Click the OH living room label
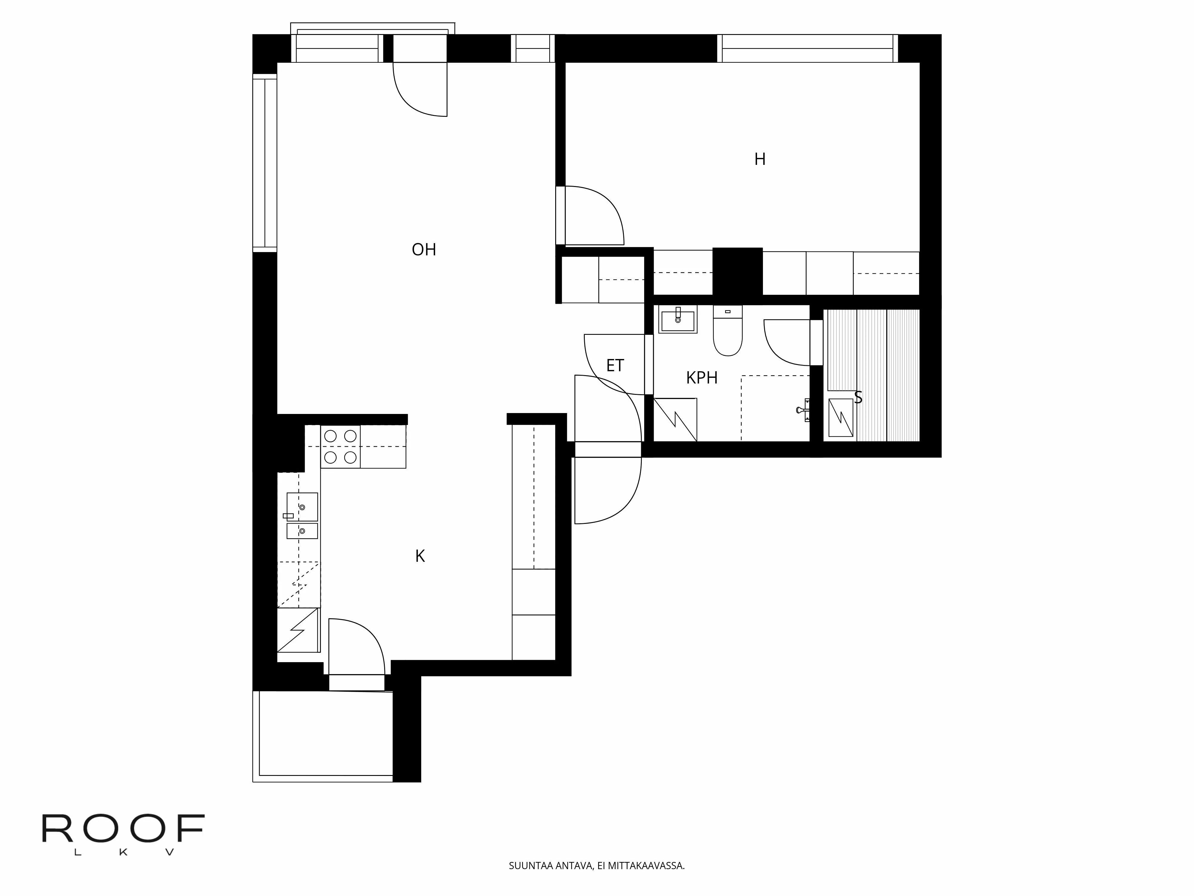pyautogui.click(x=424, y=249)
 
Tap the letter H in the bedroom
pyautogui.click(x=759, y=159)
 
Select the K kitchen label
pyautogui.click(x=420, y=556)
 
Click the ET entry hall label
pyautogui.click(x=615, y=366)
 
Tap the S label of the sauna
pyautogui.click(x=858, y=398)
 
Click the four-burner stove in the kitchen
pyautogui.click(x=340, y=447)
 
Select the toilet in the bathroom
pyautogui.click(x=728, y=331)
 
